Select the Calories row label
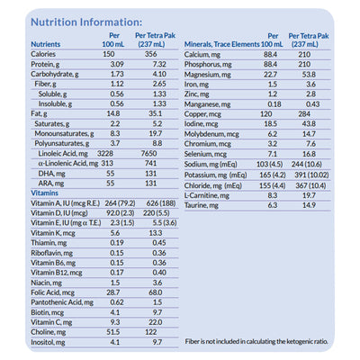tap(46, 54)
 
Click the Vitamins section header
tap(45, 193)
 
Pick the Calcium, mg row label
tap(205, 54)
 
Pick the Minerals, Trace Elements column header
tap(234, 42)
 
